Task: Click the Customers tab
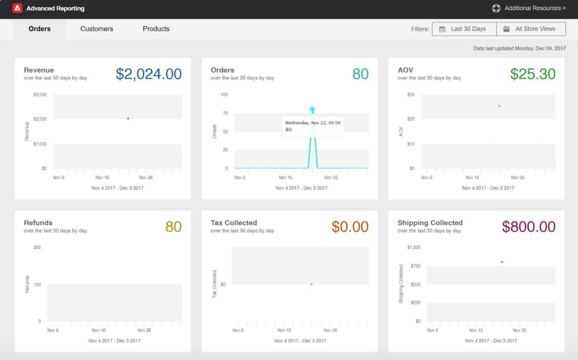pos(97,29)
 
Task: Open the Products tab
pos(156,29)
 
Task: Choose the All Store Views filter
pos(531,29)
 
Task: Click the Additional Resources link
pos(529,8)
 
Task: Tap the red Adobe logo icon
pos(17,8)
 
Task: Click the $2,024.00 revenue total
pos(149,74)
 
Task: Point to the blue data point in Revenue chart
pos(128,119)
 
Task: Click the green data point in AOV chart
pos(499,106)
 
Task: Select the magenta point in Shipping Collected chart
pos(502,262)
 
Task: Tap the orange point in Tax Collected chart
pos(312,284)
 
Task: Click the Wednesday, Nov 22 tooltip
pos(313,126)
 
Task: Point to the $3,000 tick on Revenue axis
pos(40,95)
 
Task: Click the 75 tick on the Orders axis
pos(225,113)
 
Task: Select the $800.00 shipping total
pos(528,227)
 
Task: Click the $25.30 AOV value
pos(533,74)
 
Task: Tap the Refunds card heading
pos(38,223)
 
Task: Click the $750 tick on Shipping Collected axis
pos(415,266)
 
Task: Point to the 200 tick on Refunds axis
pos(37,247)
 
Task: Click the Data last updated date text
pos(519,49)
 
